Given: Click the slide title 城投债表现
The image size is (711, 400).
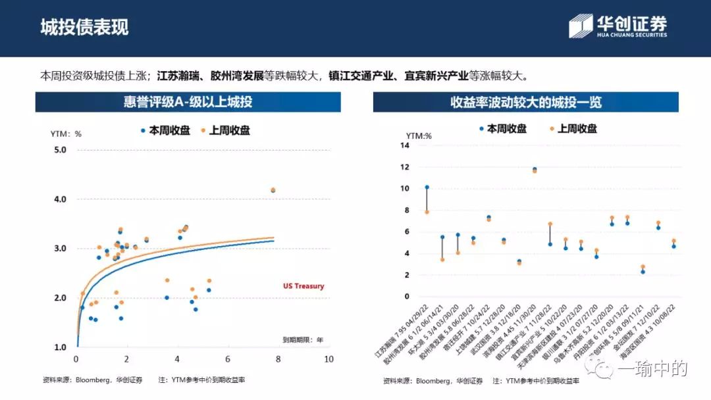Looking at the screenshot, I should click(84, 27).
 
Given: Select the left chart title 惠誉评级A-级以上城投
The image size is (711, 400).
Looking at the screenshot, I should click(188, 102).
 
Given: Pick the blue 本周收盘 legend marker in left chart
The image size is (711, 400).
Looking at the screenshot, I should click(143, 131).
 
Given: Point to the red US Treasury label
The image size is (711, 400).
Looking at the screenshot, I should click(303, 286).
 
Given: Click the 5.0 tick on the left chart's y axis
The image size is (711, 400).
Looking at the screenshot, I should click(60, 150).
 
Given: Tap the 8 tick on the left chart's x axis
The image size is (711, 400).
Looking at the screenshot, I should click(278, 359).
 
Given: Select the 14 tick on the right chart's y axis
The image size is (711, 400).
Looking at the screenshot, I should click(405, 145).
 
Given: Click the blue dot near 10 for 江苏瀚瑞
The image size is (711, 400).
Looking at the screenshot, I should click(427, 187).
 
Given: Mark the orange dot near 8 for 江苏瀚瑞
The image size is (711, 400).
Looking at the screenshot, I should click(427, 212).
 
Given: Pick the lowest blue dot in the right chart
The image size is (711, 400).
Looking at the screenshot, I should click(643, 272).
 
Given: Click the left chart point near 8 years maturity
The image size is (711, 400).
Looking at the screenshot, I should click(273, 190).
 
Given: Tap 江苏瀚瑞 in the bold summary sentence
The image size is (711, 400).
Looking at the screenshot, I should click(178, 76).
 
